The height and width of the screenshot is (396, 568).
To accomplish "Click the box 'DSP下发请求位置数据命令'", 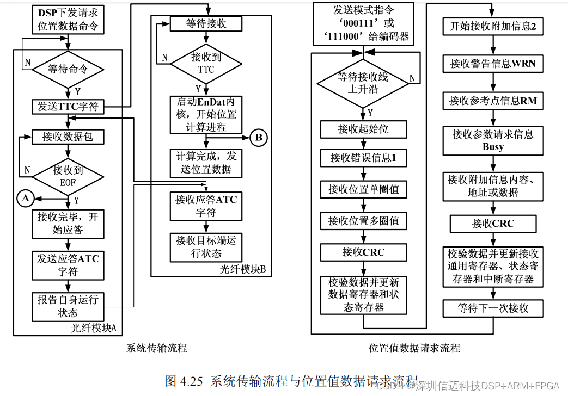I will [x=68, y=19].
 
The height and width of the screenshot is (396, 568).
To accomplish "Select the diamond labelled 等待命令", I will [x=68, y=69].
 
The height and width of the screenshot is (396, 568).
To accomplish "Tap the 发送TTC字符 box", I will [x=68, y=107].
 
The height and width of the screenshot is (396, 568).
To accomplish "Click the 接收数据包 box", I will [x=68, y=137].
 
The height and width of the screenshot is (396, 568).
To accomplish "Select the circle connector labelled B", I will [x=258, y=138].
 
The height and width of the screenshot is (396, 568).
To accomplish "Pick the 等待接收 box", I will [x=206, y=24].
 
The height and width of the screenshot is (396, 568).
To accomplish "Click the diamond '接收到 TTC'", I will [x=206, y=63].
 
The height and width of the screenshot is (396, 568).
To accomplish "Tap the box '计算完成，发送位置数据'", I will [x=206, y=163].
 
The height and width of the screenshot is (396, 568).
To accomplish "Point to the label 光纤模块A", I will [x=94, y=328].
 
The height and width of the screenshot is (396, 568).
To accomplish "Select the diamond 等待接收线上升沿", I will [x=363, y=82].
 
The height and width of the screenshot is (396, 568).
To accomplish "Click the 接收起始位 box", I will [x=363, y=129].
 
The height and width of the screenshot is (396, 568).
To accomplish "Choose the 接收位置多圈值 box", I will [x=363, y=221].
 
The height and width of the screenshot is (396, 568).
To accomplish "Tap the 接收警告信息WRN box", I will [x=493, y=64].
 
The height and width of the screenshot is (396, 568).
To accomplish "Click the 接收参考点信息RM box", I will [x=493, y=101].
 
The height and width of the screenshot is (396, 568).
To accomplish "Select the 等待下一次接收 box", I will [x=493, y=308].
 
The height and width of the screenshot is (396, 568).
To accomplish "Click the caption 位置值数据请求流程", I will [x=414, y=348].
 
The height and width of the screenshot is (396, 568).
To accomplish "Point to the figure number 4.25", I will [x=191, y=381].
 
